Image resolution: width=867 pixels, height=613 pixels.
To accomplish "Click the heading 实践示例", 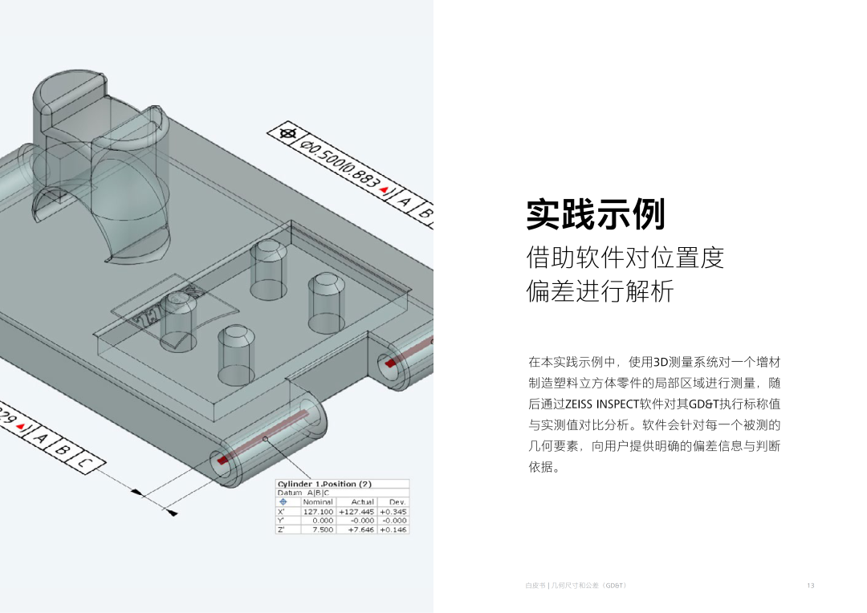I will tap(596, 214).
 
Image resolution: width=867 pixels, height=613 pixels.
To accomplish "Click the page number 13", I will tap(811, 586).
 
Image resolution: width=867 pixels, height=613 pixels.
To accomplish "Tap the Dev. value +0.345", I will tap(393, 511).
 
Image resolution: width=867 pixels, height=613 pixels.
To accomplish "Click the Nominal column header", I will tap(318, 501).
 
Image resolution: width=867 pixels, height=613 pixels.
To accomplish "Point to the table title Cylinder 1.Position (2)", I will tap(324, 484).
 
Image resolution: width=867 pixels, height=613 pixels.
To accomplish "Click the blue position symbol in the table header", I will tap(283, 501).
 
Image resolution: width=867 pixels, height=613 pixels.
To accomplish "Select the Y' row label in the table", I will tap(281, 520).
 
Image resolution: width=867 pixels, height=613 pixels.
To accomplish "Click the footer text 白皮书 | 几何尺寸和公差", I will tap(575, 586).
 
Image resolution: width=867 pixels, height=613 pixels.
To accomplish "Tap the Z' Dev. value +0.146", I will tap(393, 530).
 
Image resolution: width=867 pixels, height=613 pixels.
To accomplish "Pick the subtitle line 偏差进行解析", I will tap(600, 291).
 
